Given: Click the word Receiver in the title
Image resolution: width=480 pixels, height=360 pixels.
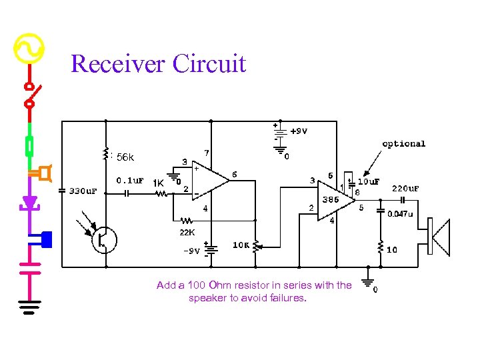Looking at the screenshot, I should coord(118,64).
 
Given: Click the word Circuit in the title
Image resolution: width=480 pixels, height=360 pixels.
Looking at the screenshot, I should coord(209,64).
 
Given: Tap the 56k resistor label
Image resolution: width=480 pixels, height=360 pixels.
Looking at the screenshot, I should coord(125,158).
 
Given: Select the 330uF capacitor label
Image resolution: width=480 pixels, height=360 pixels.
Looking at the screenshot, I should coord(83,191).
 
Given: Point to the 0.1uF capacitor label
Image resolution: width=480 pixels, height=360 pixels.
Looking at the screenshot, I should coord(130,180).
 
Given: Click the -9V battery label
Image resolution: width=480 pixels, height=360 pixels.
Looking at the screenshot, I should coord(191,251).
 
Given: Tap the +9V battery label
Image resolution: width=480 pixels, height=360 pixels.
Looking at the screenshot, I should coord(299,131).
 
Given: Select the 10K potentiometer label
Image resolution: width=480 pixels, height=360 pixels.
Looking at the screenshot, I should coord(241,245).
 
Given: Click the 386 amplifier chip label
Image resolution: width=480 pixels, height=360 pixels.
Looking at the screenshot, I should coord(330,199).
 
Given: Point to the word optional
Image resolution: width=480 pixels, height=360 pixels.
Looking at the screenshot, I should coord(403,143).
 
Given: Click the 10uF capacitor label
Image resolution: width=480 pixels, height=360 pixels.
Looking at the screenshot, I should coord(369,181).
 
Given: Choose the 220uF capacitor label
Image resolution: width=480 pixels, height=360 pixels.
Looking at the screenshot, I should coord(405,188).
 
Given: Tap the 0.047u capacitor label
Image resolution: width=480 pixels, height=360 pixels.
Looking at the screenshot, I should coord(401,214).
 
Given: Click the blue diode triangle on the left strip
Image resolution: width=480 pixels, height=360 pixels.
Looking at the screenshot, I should coord(29,201).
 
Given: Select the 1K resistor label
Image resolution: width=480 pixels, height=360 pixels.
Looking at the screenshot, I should coord(159,183).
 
